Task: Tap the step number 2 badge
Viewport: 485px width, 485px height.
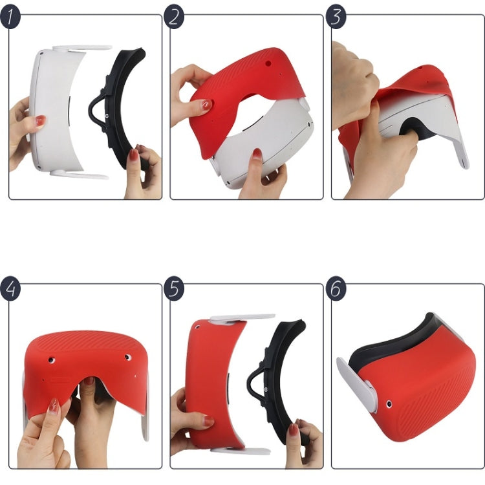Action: [173, 17]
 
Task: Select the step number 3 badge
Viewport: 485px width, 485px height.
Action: [335, 17]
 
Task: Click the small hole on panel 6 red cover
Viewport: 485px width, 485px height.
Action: [388, 404]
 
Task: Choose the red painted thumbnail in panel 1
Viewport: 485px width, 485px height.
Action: [40, 121]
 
